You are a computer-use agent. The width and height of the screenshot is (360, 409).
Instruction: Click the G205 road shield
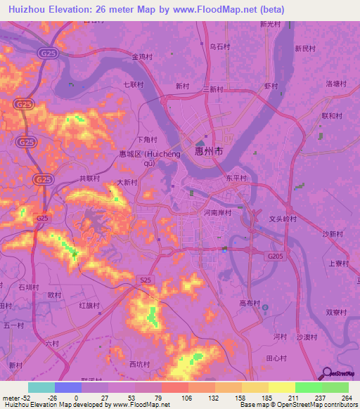pyautogui.click(x=276, y=258)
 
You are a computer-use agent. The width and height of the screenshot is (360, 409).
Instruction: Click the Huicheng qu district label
pyautogui.click(x=142, y=158)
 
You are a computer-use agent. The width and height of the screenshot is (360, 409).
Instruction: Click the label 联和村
pyautogui.click(x=331, y=115)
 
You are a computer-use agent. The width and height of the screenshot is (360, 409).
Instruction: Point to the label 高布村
pyautogui.click(x=250, y=304)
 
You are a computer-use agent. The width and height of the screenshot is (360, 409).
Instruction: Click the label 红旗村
pyautogui.click(x=89, y=306)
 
